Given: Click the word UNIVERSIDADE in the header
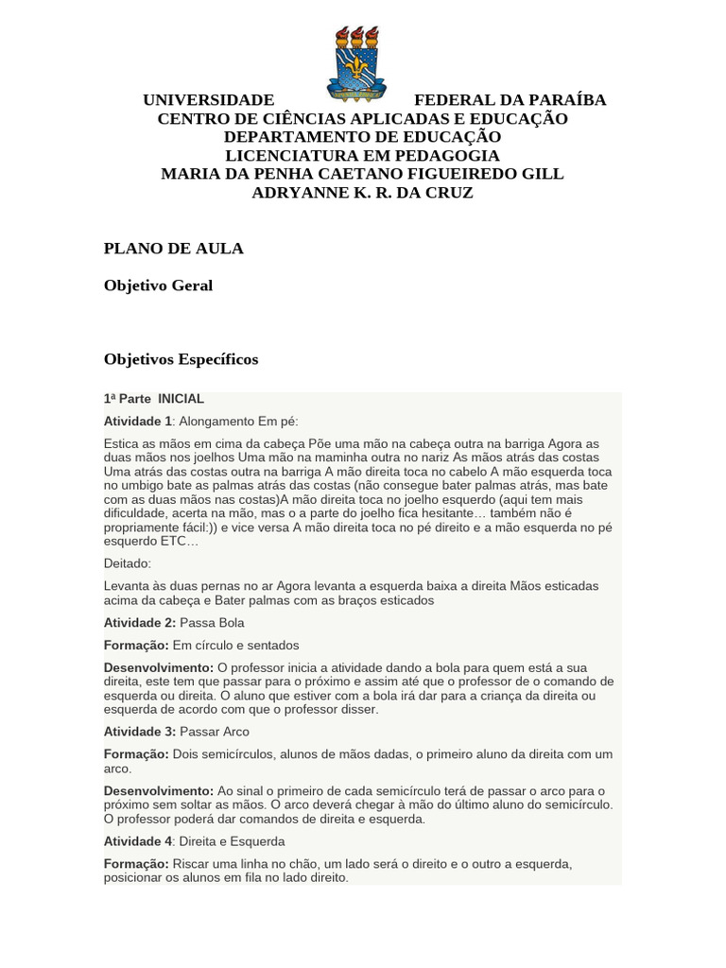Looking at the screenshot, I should click(x=208, y=100).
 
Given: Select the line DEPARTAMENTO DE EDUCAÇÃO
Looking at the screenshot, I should click(x=362, y=137).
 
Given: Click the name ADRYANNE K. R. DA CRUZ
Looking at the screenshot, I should click(x=362, y=193).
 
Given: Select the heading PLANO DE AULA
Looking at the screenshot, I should click(x=173, y=249).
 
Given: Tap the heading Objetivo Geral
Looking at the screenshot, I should click(x=158, y=285).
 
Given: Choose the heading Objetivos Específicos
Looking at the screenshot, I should click(x=181, y=360).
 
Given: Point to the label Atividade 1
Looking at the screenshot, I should click(x=138, y=421).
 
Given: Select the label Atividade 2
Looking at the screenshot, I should click(x=138, y=623).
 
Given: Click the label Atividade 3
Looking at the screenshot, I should click(x=138, y=732).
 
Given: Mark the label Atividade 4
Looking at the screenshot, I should click(x=138, y=841).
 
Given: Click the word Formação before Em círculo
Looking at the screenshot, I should click(x=136, y=645).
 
